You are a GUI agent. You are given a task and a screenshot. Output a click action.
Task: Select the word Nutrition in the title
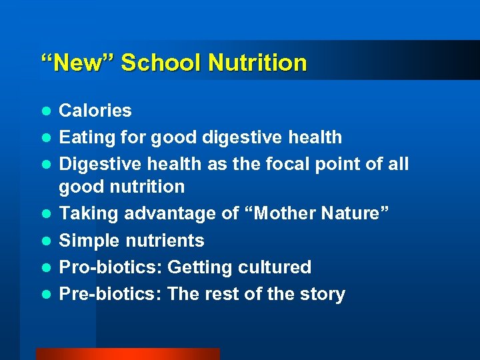point(257,63)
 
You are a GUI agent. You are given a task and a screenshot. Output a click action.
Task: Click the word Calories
point(95,111)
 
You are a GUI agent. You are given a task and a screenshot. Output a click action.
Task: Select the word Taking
point(85,213)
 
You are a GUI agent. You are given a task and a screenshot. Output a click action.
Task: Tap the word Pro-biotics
point(110,267)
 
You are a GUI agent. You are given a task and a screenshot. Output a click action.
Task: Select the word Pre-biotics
point(111,294)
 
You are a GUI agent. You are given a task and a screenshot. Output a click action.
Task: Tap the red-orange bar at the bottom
point(127,354)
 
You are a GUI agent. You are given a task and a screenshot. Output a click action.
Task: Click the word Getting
point(198,267)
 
